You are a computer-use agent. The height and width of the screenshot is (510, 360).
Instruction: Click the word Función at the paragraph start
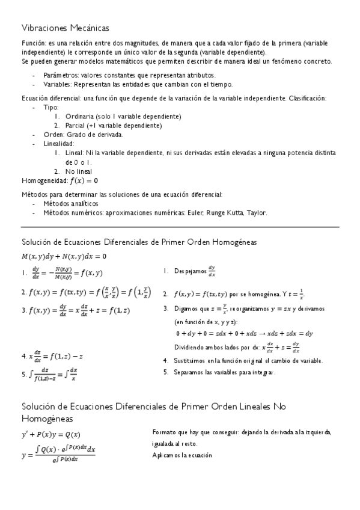pos(33,44)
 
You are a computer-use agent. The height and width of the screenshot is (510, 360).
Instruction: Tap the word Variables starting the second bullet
pos(59,84)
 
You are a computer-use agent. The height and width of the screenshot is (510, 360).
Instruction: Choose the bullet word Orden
pos(53,135)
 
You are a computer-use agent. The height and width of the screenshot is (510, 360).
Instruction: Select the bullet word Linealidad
pos(59,144)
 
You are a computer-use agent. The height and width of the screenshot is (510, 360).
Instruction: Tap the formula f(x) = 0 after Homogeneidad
pos(84,180)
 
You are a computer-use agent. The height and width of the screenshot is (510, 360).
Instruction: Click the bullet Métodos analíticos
pos(73,203)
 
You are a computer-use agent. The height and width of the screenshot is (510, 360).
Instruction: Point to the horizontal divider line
pos(180,227)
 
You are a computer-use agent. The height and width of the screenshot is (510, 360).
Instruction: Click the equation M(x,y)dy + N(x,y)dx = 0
pos(59,256)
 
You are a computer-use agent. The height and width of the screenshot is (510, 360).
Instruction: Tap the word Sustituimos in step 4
pos(191,361)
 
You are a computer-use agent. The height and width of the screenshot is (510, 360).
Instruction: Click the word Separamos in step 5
pos(190,372)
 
